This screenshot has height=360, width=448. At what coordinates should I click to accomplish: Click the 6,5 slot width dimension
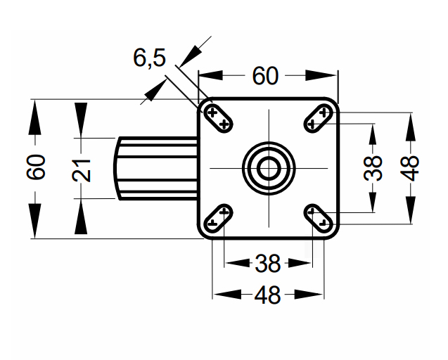149,58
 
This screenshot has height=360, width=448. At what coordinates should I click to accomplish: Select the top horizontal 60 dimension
265,75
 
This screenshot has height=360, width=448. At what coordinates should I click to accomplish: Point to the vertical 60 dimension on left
38,168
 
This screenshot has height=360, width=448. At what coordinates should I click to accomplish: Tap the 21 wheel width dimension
82,169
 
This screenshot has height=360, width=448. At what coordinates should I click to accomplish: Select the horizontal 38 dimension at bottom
267,264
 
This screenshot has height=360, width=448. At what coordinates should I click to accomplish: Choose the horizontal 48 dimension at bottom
267,296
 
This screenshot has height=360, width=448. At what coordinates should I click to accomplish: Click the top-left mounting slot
218,117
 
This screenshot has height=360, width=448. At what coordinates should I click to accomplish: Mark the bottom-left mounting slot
218,217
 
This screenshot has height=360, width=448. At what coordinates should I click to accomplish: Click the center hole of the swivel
268,168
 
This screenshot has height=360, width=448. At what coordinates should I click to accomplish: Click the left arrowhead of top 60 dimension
210,75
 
